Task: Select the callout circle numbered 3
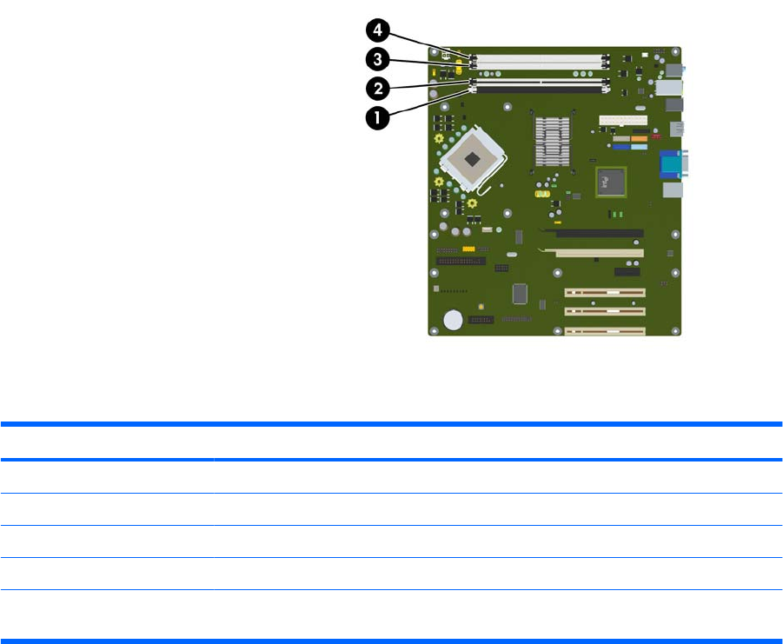point(377,59)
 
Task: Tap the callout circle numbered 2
point(377,88)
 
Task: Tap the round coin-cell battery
point(454,321)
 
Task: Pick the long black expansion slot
point(600,233)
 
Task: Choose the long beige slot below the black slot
point(600,253)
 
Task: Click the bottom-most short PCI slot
point(606,330)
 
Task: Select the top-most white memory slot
point(539,56)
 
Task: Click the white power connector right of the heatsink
point(623,120)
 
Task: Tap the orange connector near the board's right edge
point(640,138)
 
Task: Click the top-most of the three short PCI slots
point(606,293)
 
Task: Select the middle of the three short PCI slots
point(606,311)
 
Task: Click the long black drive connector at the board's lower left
point(461,260)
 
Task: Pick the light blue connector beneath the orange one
point(639,147)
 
